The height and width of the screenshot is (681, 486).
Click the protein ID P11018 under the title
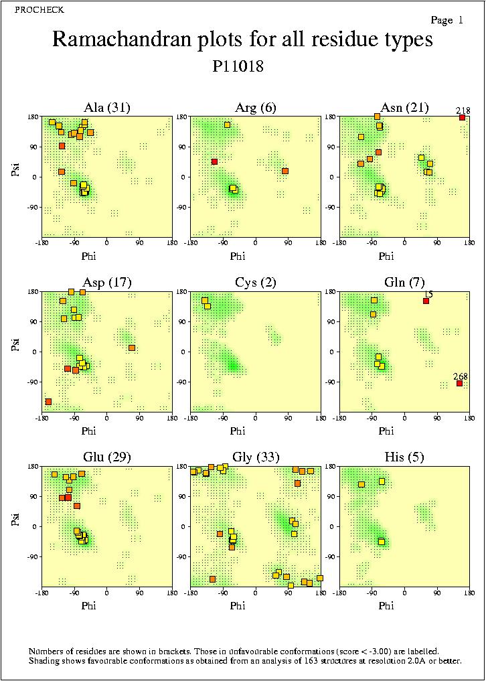(x=238, y=67)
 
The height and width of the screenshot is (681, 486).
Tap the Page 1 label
(x=447, y=21)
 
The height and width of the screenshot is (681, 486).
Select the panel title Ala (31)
(x=107, y=107)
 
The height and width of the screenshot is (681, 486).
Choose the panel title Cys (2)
(x=255, y=282)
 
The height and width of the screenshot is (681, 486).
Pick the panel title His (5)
(x=404, y=457)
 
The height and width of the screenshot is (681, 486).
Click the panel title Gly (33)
(x=255, y=457)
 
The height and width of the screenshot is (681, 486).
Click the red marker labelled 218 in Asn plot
(x=462, y=118)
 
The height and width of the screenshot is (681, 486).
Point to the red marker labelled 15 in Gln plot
(x=426, y=301)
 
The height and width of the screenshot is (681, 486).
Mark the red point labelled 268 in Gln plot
(x=459, y=383)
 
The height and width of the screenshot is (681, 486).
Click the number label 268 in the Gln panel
(x=460, y=376)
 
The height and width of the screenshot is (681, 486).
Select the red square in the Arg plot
(x=214, y=161)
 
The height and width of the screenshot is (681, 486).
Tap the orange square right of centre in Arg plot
(x=285, y=171)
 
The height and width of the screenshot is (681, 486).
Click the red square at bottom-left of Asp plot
(x=48, y=401)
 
